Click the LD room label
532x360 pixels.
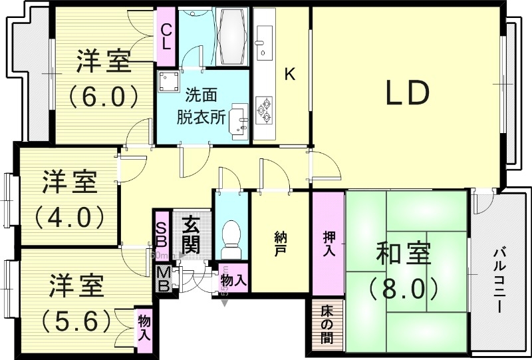tap(408, 94)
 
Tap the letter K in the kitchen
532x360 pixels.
tap(289, 74)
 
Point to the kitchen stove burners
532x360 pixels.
tap(266, 110)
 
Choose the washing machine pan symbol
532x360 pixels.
tap(169, 81)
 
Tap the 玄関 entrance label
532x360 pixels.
tap(190, 234)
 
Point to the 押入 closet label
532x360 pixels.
tap(329, 244)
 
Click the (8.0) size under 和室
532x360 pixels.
tap(404, 287)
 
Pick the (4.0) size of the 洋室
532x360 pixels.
tap(68, 216)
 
